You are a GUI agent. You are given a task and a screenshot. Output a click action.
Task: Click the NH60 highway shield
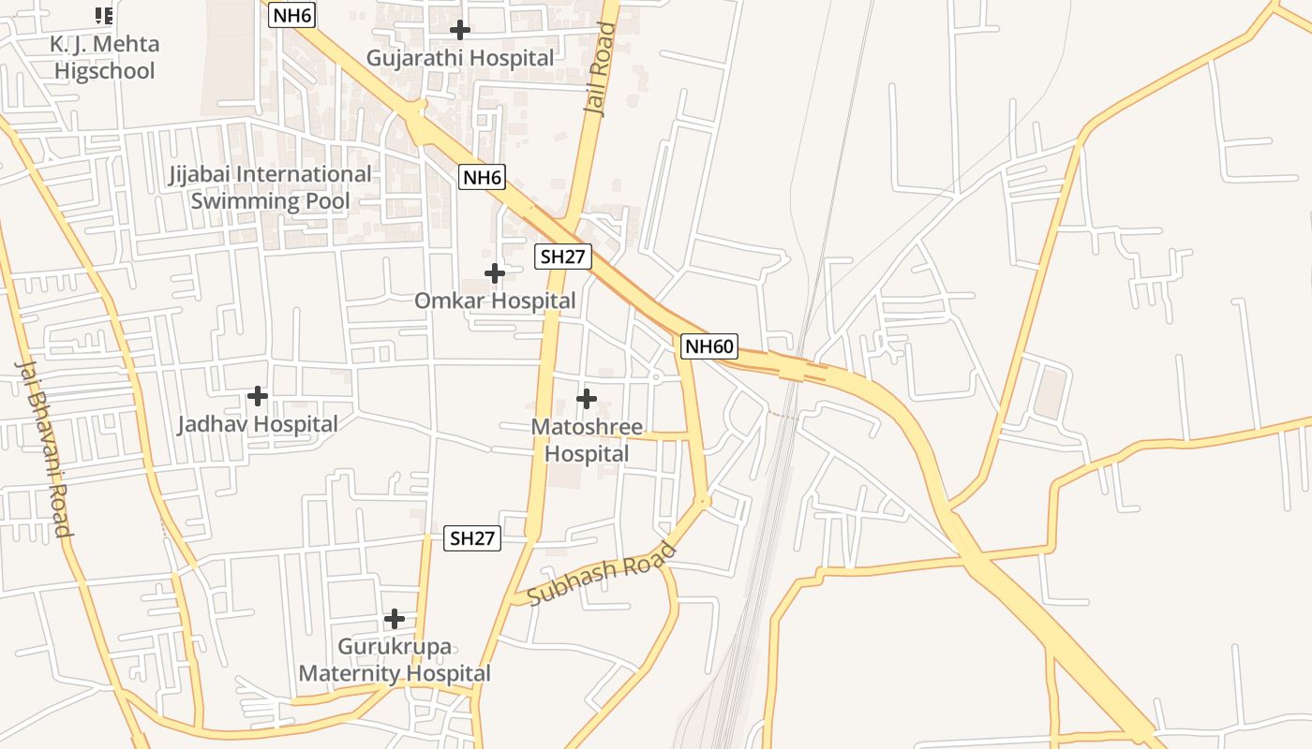coord(708,346)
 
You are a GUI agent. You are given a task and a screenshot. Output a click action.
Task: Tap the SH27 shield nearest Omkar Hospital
coord(563,257)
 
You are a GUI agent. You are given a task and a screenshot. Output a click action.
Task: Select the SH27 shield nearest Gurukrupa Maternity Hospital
coord(472,538)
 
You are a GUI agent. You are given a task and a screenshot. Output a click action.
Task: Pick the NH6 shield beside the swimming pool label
coord(482,177)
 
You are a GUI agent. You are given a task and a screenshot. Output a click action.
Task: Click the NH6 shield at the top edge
coord(291,15)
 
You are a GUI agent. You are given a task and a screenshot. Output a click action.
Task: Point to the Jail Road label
coord(600,69)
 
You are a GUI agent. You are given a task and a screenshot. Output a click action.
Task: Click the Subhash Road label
coord(602,574)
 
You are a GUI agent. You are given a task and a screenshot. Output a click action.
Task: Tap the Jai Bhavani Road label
coord(44,448)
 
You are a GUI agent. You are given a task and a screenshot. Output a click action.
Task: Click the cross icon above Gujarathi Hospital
coord(459,29)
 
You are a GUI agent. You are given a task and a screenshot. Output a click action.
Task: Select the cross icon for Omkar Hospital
coord(495,273)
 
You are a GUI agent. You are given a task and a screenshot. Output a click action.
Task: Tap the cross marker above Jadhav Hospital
coord(258,396)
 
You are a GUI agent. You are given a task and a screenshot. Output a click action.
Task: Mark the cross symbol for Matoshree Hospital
coord(587,399)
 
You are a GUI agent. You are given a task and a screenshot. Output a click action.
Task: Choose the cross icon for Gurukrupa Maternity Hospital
coord(395,619)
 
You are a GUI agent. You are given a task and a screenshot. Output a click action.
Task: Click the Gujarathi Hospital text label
coord(460,58)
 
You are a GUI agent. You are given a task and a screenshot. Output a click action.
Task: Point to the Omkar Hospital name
coord(495,301)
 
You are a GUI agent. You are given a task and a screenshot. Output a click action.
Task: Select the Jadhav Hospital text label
coord(258,424)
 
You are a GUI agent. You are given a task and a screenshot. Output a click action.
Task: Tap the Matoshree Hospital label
coord(587,440)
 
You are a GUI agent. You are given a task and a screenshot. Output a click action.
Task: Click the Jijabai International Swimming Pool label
coord(270,187)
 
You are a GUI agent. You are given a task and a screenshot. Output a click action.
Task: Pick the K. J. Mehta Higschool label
coord(104,57)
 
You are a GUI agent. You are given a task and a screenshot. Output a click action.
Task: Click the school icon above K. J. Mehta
coord(104,15)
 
